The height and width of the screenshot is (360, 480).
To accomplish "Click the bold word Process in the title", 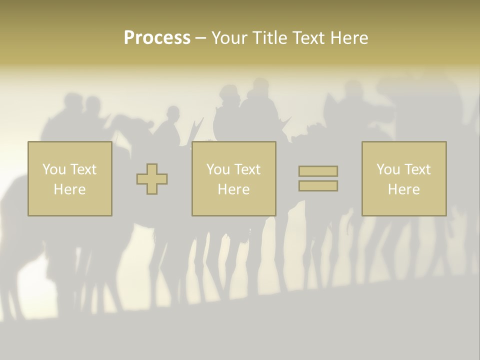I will pyautogui.click(x=157, y=38).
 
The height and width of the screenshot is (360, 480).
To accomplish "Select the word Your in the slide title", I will pyautogui.click(x=229, y=38).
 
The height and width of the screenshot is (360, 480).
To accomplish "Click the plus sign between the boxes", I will pyautogui.click(x=152, y=179).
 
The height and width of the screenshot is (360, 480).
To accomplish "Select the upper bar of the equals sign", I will pyautogui.click(x=318, y=171).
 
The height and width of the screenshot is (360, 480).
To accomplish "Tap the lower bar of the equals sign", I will pyautogui.click(x=318, y=185).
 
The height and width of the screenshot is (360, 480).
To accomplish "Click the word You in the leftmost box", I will pyautogui.click(x=54, y=169).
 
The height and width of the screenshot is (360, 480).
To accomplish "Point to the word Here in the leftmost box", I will pyautogui.click(x=69, y=189).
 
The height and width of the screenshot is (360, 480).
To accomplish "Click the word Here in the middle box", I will pyautogui.click(x=233, y=189).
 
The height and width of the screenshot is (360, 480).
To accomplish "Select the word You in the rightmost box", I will pyautogui.click(x=388, y=169).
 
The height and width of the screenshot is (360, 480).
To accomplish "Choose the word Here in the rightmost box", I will pyautogui.click(x=403, y=189).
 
